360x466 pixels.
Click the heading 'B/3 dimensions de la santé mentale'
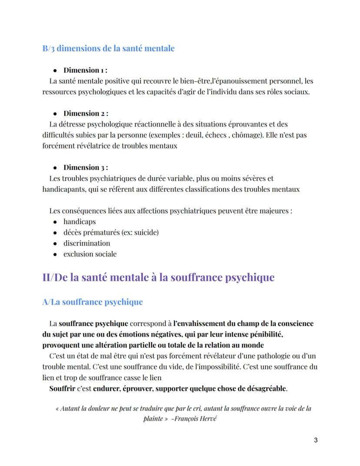tap(108, 48)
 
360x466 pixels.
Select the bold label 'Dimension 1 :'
tap(85, 70)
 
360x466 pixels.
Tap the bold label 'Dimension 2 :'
tap(86, 114)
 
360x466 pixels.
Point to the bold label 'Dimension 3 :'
tap(86, 168)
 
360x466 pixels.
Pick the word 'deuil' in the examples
tap(203, 135)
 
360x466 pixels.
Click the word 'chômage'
tap(249, 135)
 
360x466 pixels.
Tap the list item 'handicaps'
tap(80, 221)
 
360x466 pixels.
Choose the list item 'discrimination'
tap(87, 243)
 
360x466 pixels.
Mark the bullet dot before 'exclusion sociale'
tap(55, 254)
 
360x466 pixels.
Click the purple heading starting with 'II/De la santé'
tap(158, 277)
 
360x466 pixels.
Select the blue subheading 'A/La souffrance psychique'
tap(92, 302)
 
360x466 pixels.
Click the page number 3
tap(315, 440)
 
